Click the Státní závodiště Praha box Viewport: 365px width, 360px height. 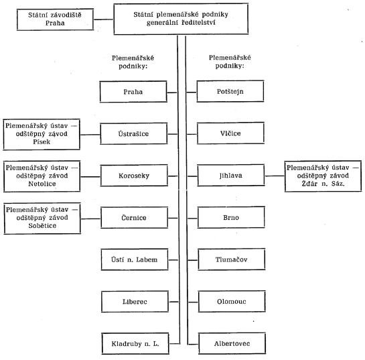pyautogui.click(x=55, y=19)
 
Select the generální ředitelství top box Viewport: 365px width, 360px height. pyautogui.click(x=181, y=19)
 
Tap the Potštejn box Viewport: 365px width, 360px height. pyautogui.click(x=230, y=91)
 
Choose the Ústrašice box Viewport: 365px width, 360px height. pyautogui.click(x=134, y=134)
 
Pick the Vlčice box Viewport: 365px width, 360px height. pyautogui.click(x=230, y=133)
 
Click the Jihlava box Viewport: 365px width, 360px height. pyautogui.click(x=230, y=175)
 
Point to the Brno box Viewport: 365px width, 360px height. pyautogui.click(x=231, y=217)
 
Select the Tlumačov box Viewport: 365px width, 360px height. pyautogui.click(x=231, y=259)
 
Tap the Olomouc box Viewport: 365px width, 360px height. pyautogui.click(x=232, y=301)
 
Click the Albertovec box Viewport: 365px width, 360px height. pyautogui.click(x=232, y=343)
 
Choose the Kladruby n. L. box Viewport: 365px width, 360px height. pyautogui.click(x=135, y=344)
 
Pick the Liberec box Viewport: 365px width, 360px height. pyautogui.click(x=135, y=302)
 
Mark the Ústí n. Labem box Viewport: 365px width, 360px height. pyautogui.click(x=135, y=259)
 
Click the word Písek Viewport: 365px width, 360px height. pyautogui.click(x=42, y=142)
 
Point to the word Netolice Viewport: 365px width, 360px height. pyautogui.click(x=42, y=184)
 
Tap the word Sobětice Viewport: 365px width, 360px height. pyautogui.click(x=42, y=226)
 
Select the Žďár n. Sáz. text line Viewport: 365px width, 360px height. pyautogui.click(x=323, y=184)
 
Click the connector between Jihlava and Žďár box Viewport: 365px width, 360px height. pyautogui.click(x=275, y=176)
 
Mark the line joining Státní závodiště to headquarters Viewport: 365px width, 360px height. pyautogui.click(x=104, y=19)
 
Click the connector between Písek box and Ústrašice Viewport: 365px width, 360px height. pyautogui.click(x=90, y=135)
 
